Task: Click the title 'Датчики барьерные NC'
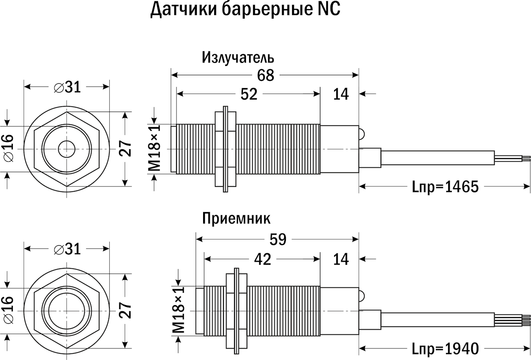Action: (x=245, y=9)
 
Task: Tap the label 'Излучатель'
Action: (x=238, y=58)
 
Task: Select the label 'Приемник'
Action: (x=236, y=218)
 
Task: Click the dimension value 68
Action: (x=265, y=75)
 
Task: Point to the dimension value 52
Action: (x=249, y=94)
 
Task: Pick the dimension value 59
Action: (x=278, y=240)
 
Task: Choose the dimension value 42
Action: (x=262, y=259)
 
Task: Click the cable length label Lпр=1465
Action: (x=445, y=186)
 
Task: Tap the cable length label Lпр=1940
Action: (x=445, y=348)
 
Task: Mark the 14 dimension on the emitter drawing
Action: (x=341, y=94)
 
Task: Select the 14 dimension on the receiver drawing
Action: (x=341, y=259)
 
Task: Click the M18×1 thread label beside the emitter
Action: (x=154, y=148)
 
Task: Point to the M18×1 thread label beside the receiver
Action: (x=178, y=310)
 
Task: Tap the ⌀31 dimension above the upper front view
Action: (x=67, y=87)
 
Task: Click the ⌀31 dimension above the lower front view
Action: (x=67, y=249)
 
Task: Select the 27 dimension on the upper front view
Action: (x=125, y=149)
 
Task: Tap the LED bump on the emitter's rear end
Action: (x=362, y=135)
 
